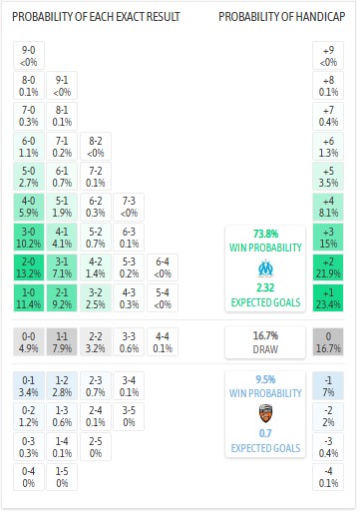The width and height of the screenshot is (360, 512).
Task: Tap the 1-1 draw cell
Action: (x=63, y=342)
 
